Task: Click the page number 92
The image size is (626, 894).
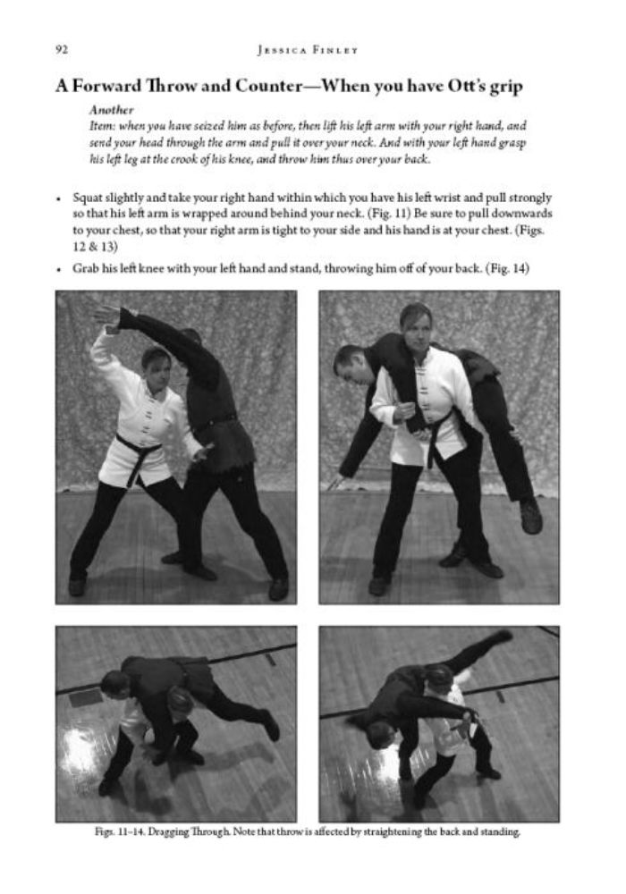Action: pos(62,49)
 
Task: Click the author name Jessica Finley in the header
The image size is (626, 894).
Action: pos(308,50)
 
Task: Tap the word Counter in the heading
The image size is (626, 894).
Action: pos(268,86)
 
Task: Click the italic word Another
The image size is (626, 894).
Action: pos(111,110)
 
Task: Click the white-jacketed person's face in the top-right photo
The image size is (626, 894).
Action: pos(419,327)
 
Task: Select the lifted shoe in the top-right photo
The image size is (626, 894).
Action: pos(530,517)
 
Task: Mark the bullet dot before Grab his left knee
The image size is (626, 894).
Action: pos(59,270)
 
